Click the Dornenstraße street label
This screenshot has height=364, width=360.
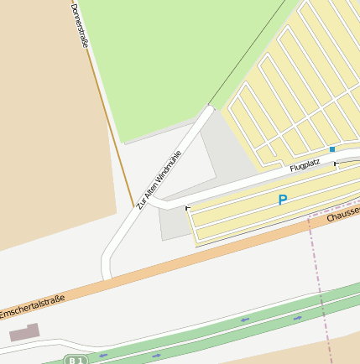click(x=80, y=25)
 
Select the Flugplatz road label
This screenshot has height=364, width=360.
click(x=305, y=167)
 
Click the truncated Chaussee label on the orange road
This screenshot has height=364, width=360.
click(x=343, y=213)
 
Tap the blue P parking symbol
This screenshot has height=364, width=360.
click(x=283, y=200)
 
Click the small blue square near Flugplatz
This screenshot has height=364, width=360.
click(x=332, y=149)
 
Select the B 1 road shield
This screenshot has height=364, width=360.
click(x=76, y=360)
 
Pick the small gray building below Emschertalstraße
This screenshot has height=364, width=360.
click(x=24, y=334)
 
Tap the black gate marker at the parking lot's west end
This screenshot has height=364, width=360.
click(x=187, y=208)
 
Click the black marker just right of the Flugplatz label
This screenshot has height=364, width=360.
click(x=336, y=165)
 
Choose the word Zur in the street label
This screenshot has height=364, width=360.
click(x=140, y=203)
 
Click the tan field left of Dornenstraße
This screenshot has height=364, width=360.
click(x=42, y=126)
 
